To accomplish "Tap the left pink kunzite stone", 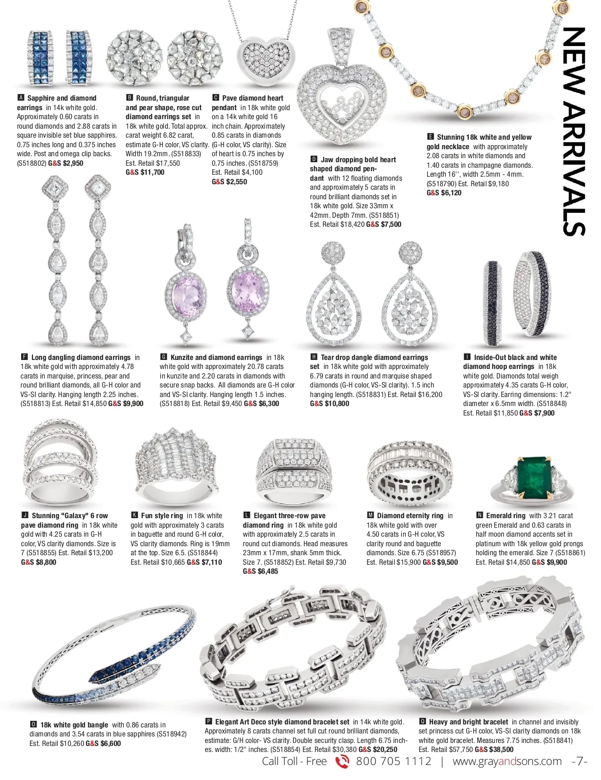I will pyautogui.click(x=186, y=294).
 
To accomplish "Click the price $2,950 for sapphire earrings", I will pyautogui.click(x=73, y=163).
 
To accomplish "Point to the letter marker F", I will pyautogui.click(x=24, y=357).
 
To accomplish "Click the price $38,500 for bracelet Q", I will pyautogui.click(x=501, y=749).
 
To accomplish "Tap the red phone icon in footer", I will pyautogui.click(x=342, y=761).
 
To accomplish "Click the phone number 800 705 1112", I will pyautogui.click(x=393, y=761).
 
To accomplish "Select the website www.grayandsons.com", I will pyautogui.click(x=507, y=761).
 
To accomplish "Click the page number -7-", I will pyautogui.click(x=579, y=761).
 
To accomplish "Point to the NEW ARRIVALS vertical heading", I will pyautogui.click(x=574, y=131).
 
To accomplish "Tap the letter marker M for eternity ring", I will pyautogui.click(x=371, y=515).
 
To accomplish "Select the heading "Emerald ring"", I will pyautogui.click(x=505, y=516).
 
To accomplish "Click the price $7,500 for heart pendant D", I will pyautogui.click(x=391, y=224).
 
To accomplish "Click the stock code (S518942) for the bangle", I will pyautogui.click(x=171, y=734).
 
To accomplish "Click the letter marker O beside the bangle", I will pyautogui.click(x=33, y=724).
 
